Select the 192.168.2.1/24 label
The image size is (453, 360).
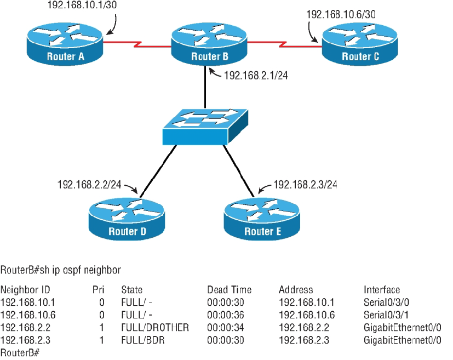(x=256, y=76)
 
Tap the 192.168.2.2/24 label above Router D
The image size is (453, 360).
(x=89, y=185)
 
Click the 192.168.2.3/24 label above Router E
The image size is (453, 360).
(x=305, y=185)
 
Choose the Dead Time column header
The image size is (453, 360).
(x=229, y=290)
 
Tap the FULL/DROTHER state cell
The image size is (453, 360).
(x=155, y=328)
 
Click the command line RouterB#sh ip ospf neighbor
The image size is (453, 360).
(x=60, y=270)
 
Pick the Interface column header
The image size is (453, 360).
(x=382, y=290)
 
